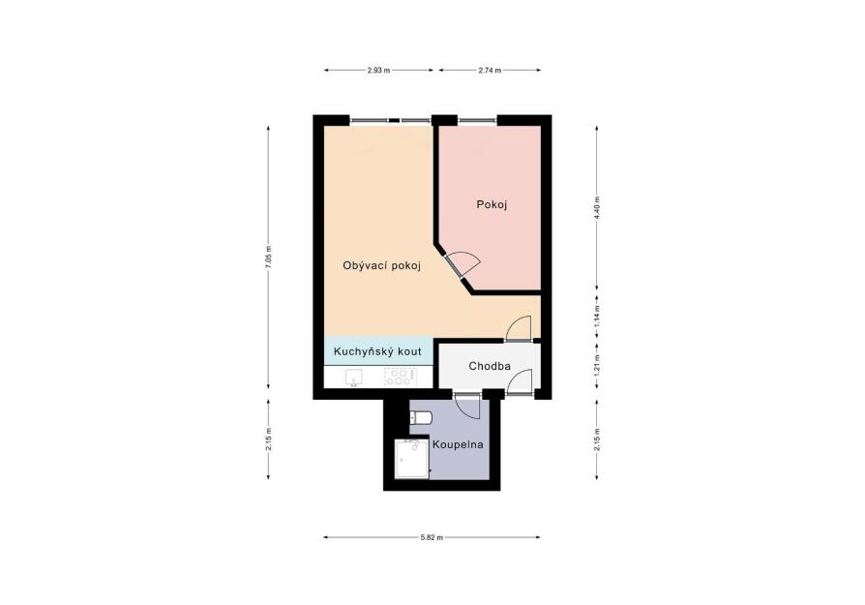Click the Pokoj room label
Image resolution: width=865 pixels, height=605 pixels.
492,205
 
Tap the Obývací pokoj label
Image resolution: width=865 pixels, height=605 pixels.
382,265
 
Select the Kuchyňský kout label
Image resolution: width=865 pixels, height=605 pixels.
378,351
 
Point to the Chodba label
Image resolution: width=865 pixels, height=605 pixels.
490,366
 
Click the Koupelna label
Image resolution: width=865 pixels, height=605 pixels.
458,444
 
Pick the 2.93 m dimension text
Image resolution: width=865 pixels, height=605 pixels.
378,70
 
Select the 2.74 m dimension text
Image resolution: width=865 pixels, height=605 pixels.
490,70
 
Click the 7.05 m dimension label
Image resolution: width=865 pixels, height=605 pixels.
269,257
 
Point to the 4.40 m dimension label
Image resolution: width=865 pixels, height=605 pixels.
597,207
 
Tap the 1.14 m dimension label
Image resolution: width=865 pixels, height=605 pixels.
597,316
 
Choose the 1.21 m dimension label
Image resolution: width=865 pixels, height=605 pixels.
597,366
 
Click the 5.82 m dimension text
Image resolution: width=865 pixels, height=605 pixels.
432,537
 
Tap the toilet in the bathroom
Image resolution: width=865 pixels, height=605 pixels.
421,418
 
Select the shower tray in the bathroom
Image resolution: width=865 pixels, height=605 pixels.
412,459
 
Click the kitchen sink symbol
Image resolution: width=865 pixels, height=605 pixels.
353,378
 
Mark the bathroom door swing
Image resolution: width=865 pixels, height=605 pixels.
467,408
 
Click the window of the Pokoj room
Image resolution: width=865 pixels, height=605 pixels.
477,121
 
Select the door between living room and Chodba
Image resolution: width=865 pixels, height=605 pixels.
519,329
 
